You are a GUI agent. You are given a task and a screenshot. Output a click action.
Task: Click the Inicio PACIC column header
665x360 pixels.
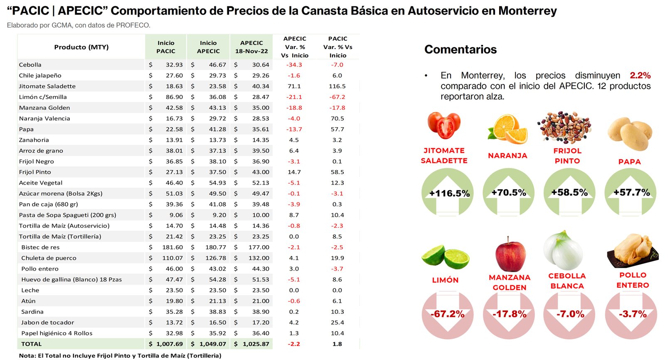pos(166,47)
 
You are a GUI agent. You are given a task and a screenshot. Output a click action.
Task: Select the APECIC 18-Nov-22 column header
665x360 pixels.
pos(251,47)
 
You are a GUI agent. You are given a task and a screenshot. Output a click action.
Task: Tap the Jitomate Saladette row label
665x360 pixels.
pos(47,86)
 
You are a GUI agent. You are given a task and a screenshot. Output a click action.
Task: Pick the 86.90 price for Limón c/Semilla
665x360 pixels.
pos(174,97)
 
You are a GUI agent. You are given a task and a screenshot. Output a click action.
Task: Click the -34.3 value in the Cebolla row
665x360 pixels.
pos(294,65)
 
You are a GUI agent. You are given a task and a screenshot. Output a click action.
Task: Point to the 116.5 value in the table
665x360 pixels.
pos(337,86)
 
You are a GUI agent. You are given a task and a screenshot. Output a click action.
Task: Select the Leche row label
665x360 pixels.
pos(30,290)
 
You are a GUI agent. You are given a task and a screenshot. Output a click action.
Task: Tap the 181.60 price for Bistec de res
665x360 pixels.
pos(172,247)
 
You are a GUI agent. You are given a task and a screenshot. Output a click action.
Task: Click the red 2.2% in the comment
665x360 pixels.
pos(640,75)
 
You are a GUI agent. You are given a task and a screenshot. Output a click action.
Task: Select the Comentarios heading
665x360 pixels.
pos(461,49)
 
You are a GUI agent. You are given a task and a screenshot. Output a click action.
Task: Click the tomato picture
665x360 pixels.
pos(444,125)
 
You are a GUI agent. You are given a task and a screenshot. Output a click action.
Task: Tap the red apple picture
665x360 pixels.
pos(510,254)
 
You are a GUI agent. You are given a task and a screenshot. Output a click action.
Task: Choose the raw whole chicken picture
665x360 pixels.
pos(633,251)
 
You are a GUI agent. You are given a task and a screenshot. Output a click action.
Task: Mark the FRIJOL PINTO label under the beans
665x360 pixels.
pos(567,156)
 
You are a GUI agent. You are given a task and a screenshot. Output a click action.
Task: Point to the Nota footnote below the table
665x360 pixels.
pos(120,355)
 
